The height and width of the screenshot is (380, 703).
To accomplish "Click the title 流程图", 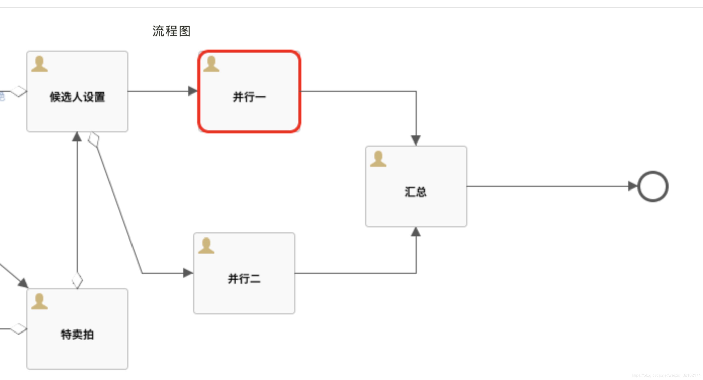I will click(171, 31).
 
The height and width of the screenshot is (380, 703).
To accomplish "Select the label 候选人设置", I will click(77, 97).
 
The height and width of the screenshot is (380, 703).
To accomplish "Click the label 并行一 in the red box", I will click(249, 97).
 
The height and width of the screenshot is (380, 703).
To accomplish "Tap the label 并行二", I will click(244, 279).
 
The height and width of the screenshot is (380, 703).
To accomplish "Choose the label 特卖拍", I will click(77, 335).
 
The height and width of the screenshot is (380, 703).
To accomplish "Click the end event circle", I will click(652, 186).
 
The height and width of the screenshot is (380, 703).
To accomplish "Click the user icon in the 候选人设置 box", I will click(39, 64).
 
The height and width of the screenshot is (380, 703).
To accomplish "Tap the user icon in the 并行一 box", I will click(211, 64).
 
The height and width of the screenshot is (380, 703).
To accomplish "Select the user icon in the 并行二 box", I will click(206, 246).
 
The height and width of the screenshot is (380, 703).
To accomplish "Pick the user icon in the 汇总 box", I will click(378, 159).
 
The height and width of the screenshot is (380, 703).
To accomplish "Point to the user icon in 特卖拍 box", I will click(39, 301).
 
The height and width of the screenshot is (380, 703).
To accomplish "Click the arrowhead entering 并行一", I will click(193, 91).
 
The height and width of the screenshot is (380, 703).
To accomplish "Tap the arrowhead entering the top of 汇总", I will click(416, 140).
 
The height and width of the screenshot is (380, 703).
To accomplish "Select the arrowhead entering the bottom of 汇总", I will click(416, 232).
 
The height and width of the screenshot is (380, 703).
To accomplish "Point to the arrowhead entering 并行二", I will click(188, 273).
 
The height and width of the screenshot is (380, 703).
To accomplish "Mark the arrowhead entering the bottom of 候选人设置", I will click(77, 137).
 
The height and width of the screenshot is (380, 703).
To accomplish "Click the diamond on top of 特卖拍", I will click(77, 280).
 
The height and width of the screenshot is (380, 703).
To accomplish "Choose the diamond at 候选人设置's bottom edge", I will click(94, 139).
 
